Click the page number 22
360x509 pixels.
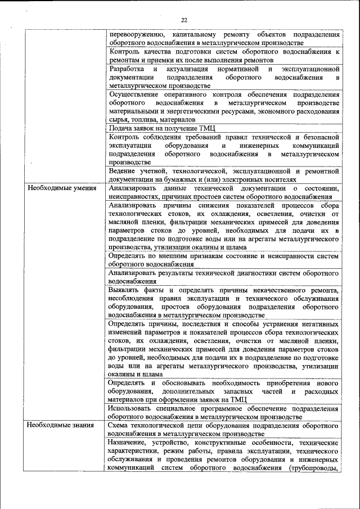pos(184,20)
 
